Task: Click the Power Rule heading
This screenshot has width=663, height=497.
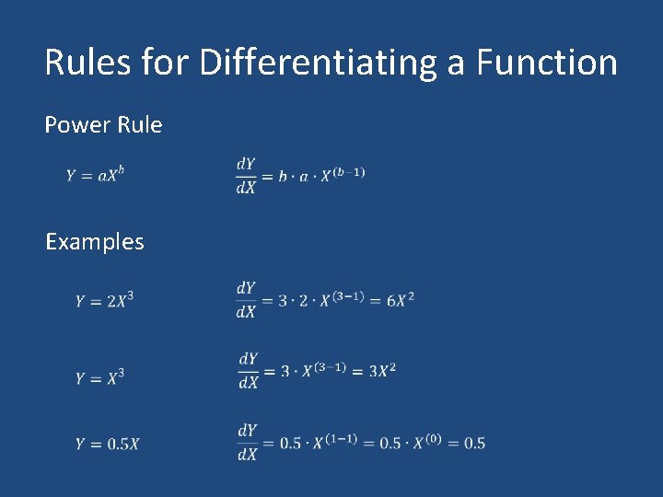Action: point(103,124)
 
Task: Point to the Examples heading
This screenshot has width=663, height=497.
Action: point(95,242)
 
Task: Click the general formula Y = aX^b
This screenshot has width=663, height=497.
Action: point(94,175)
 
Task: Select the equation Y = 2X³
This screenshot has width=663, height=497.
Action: point(104,300)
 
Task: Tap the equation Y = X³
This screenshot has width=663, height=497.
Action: point(99,377)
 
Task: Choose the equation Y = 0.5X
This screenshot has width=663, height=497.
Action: point(107,444)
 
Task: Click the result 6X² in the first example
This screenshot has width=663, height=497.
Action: point(398,300)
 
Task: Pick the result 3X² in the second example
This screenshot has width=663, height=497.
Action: point(382,371)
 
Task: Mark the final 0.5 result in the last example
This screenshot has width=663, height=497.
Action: point(474,444)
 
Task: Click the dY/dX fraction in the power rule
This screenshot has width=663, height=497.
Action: point(246,175)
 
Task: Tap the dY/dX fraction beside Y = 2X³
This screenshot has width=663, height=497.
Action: point(246,300)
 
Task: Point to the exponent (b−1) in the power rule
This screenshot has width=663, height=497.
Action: point(348,172)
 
